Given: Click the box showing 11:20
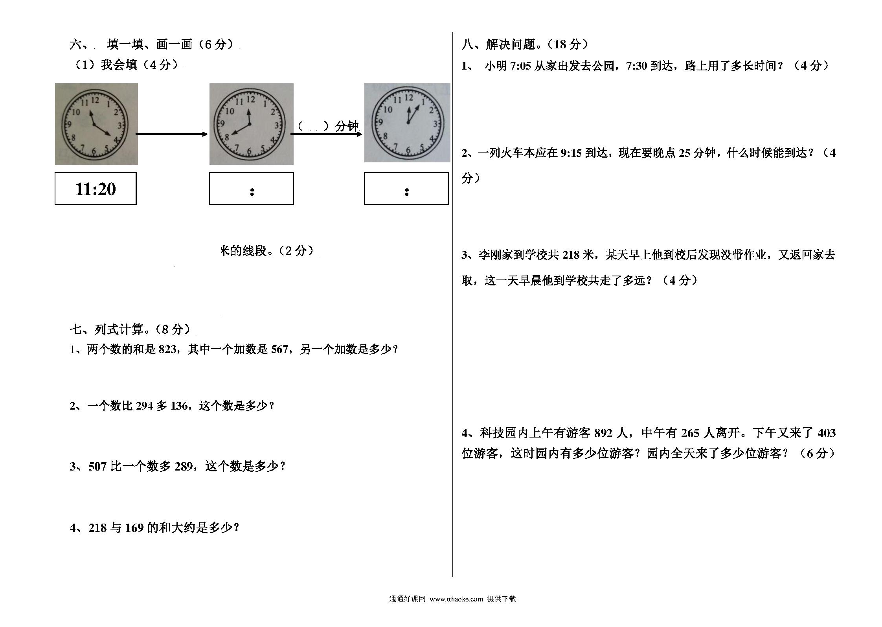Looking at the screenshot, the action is coord(96,189).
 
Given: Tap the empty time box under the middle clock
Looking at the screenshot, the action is coord(252,188).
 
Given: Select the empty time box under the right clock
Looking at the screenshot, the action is coord(406,188).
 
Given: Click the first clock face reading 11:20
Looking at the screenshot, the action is coord(94,125).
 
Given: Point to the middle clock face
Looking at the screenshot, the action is coord(249,125).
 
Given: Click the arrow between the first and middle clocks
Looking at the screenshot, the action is coord(172,134).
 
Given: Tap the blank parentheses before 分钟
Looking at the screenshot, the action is coord(313,126).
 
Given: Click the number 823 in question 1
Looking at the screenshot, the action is coord(168,349).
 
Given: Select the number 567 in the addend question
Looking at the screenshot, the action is coord(279,349).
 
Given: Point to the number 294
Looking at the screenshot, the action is coord(144,406).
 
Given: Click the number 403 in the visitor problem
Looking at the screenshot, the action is coord(826,433).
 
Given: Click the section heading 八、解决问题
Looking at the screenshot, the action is coord(499,44).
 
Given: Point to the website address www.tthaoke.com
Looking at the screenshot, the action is coord(456,599).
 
